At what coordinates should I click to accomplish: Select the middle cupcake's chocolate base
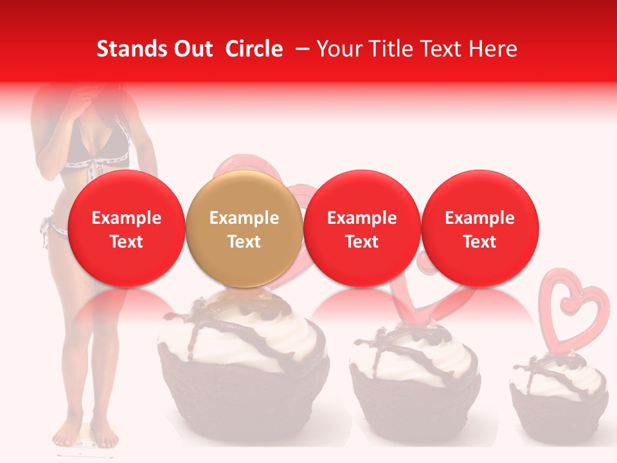[x=415, y=402]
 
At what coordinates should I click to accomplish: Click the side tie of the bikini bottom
[x=46, y=232]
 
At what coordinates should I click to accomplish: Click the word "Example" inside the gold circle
[x=244, y=218]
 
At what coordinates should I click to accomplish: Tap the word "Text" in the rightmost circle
[x=479, y=242]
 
